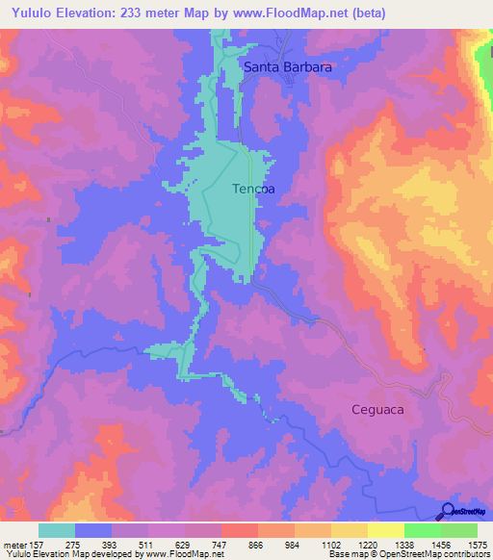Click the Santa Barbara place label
(x=287, y=67)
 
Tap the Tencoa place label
(x=253, y=190)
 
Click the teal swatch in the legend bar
(x=57, y=530)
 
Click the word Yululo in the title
(x=30, y=13)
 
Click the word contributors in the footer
(x=463, y=554)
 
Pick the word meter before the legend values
(x=14, y=543)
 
